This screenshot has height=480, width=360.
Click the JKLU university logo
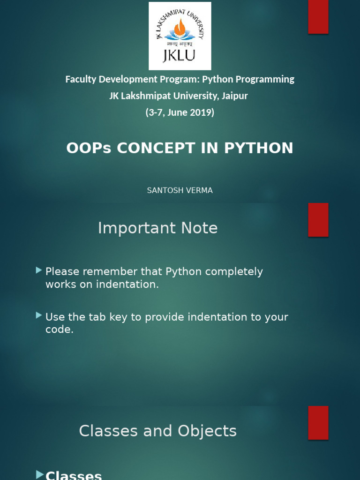(x=180, y=36)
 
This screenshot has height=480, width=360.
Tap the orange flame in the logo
(x=180, y=28)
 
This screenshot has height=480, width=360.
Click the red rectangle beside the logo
(x=318, y=17)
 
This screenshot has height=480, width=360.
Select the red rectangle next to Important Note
(x=318, y=220)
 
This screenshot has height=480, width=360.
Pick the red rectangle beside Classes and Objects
(x=318, y=423)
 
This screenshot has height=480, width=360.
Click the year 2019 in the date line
(x=202, y=112)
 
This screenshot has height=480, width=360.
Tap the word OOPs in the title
(x=89, y=148)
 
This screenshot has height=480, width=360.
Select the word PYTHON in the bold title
(x=259, y=148)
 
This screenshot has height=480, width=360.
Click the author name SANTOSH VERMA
(x=180, y=190)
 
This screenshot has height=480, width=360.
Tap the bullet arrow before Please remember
(x=39, y=270)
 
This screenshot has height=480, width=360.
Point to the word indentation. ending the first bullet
(x=126, y=284)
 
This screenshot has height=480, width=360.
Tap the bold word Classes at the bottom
(x=74, y=475)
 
